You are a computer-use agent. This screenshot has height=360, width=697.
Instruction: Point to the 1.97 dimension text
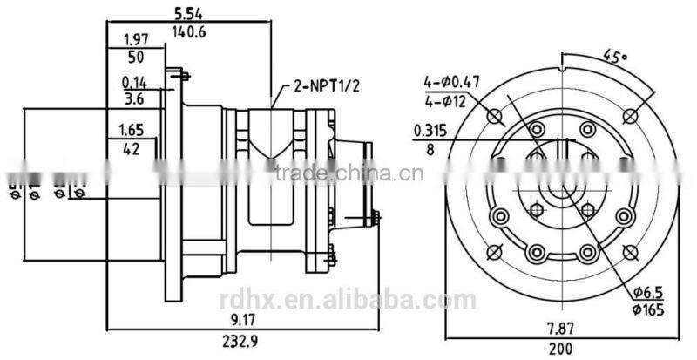pos(135,40)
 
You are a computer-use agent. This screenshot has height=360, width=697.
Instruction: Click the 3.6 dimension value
pos(133,100)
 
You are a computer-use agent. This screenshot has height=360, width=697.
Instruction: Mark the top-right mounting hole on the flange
pos(633,115)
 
